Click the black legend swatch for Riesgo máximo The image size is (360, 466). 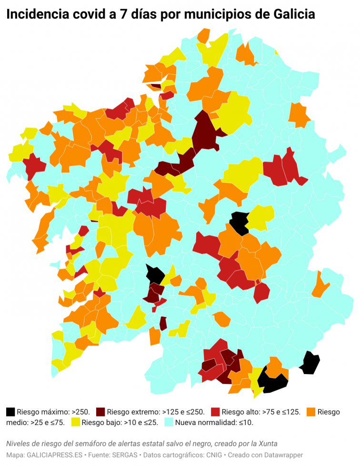click(10, 412)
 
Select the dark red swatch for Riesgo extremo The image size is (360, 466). click(100, 412)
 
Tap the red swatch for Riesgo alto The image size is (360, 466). click(215, 412)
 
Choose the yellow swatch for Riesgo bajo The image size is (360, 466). click(75, 422)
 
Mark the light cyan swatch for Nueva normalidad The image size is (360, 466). click(169, 422)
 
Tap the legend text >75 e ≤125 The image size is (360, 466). click(281, 412)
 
